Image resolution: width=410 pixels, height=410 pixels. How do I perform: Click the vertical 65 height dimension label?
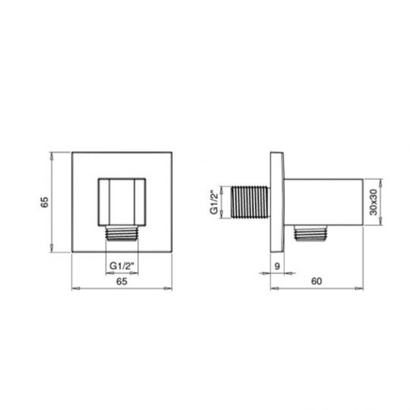coord(45,202)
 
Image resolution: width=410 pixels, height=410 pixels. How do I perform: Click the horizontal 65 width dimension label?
coord(121,282)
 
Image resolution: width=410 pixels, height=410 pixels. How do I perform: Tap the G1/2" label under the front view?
coord(121,266)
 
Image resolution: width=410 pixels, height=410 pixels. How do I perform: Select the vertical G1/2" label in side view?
coord(214,202)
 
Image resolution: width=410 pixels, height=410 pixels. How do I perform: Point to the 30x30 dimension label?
coord(374,202)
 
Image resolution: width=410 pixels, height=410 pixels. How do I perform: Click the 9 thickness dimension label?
coord(277,266)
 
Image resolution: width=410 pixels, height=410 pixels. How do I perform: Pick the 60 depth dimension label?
coord(317,282)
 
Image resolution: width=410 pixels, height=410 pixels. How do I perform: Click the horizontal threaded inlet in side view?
coord(251,202)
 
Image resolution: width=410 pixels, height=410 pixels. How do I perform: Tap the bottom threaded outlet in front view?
coord(121,233)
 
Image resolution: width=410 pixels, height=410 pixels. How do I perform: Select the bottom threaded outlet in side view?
coord(310,233)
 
